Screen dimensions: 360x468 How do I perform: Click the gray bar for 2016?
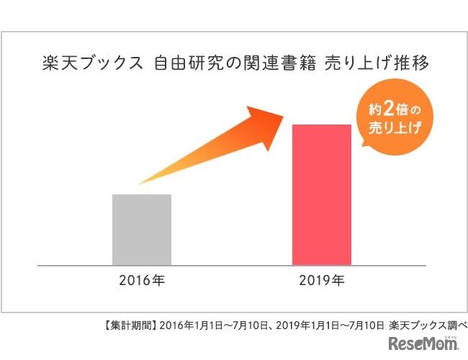(x=142, y=230)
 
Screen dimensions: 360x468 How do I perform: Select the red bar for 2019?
(x=321, y=195)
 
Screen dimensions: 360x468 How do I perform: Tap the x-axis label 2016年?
(x=142, y=280)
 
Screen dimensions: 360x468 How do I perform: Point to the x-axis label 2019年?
(x=321, y=280)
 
